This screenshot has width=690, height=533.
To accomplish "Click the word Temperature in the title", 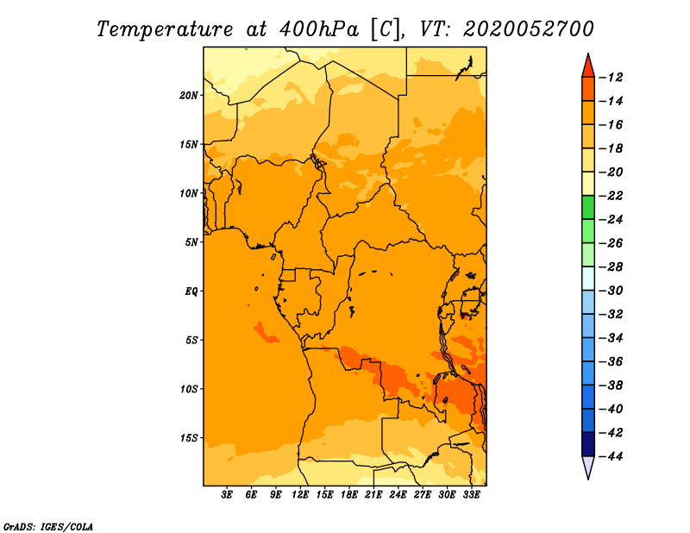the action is tap(165, 30).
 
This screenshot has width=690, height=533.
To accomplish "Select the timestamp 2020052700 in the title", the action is tap(528, 29).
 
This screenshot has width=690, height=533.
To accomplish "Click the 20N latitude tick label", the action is tap(189, 96).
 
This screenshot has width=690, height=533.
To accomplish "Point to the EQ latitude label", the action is tap(191, 292).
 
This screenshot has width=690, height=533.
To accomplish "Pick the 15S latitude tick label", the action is tap(189, 438).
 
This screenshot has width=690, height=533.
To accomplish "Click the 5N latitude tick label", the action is tap(191, 242).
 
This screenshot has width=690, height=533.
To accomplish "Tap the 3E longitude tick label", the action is tap(227, 495).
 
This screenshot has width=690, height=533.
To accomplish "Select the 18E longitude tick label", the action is tap(348, 495).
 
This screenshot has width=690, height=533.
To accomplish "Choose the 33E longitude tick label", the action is tap(471, 495).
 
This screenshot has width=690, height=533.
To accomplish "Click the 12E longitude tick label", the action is tap(299, 495).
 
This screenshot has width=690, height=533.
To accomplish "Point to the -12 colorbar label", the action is tap(611, 78).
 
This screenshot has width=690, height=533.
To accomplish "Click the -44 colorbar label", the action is tap(611, 456).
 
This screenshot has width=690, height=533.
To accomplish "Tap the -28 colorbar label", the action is tap(611, 266).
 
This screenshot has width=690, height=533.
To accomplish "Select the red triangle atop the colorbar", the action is tap(588, 66).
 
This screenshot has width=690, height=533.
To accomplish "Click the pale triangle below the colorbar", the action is tap(588, 467).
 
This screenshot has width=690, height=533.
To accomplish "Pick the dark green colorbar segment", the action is tap(588, 208).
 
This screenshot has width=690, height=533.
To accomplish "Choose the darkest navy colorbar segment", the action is tap(588, 444).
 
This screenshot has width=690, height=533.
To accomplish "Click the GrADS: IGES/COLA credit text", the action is tap(48, 527).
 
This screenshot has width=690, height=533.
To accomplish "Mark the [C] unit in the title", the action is tap(386, 30).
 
